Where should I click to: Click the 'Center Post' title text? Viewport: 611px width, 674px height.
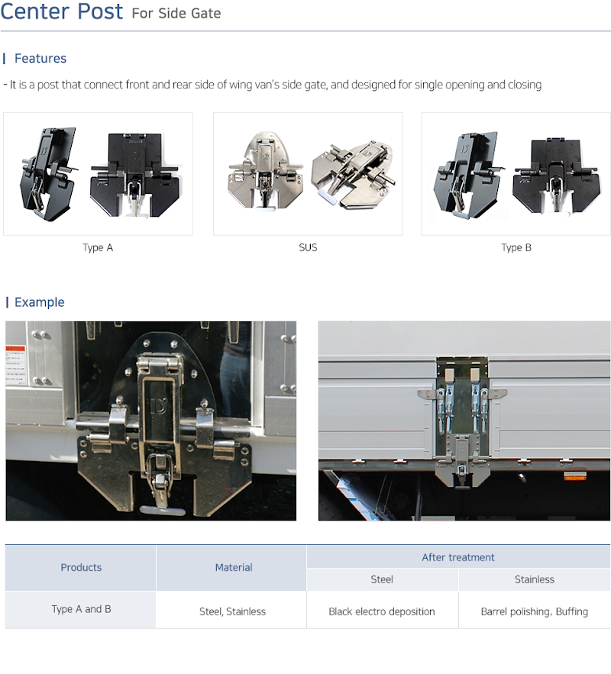point(62,11)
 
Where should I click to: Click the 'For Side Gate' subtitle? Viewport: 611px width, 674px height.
point(176,13)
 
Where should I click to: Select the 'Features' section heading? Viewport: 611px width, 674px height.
point(40,59)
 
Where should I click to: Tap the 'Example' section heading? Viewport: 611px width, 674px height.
point(40,302)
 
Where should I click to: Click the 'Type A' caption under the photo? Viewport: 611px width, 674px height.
point(98,247)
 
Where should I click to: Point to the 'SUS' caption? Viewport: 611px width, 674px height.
point(308,247)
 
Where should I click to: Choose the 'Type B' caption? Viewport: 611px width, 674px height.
point(516,247)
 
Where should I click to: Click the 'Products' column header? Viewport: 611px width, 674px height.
point(81,567)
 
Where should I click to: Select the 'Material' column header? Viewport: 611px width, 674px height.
point(234,567)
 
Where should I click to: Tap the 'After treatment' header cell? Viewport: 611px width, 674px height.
point(458,557)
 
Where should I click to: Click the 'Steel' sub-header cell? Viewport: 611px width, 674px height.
point(382,579)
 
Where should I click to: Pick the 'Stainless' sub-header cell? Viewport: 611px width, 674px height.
point(535,579)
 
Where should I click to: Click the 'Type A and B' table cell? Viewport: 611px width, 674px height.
point(81,609)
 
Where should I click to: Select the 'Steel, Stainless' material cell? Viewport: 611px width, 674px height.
point(232,611)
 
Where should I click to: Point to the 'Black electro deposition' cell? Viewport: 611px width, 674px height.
point(381,611)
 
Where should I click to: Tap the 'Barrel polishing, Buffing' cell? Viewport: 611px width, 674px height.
point(534,611)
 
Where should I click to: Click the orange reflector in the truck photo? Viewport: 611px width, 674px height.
point(574,476)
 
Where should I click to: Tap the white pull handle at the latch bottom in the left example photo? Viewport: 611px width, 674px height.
point(163,510)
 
